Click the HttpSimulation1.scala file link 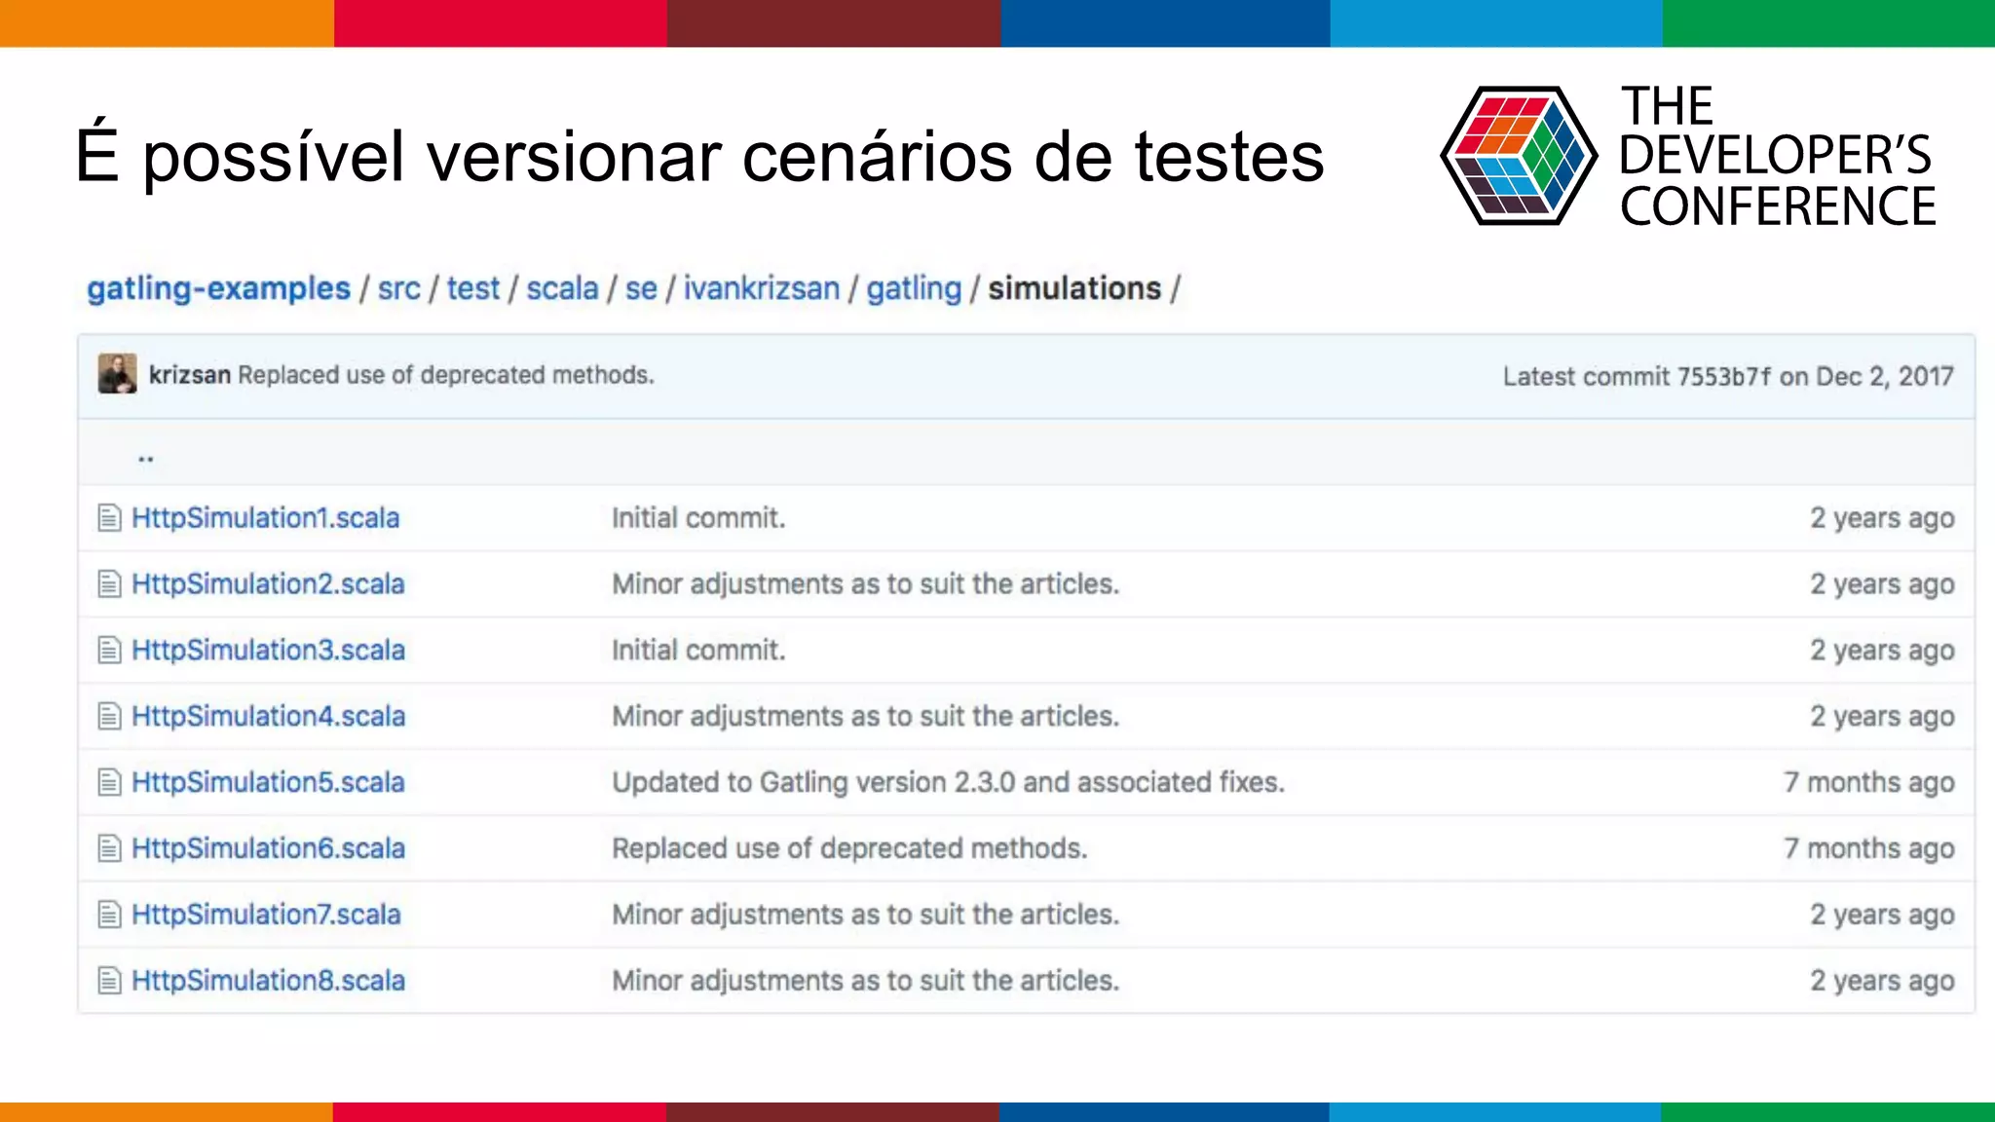tap(265, 517)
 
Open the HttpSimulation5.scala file tap(268, 782)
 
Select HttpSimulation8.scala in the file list tap(268, 981)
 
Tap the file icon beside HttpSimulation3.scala tap(109, 650)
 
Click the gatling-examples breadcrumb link tap(218, 288)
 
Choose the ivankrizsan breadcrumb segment tap(761, 288)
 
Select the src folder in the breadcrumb tap(398, 288)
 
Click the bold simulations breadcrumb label tap(1074, 288)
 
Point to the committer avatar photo tap(117, 374)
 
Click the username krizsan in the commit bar tap(189, 375)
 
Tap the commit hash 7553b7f tap(1723, 376)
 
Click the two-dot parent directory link tap(146, 457)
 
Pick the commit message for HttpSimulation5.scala tap(948, 782)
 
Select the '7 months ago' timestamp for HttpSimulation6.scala tap(1868, 848)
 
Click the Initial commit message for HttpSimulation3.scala tap(697, 650)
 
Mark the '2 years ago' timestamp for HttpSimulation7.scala tap(1882, 915)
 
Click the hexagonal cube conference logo tap(1518, 156)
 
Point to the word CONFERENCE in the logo tap(1778, 207)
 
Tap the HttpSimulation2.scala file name tap(268, 583)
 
